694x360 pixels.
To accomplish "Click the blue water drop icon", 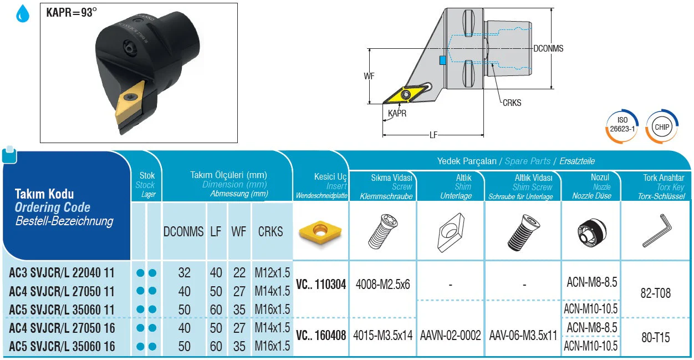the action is (x=23, y=14).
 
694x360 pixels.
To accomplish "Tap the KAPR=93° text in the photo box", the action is (x=72, y=12).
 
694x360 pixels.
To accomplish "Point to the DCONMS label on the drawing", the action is (x=548, y=48).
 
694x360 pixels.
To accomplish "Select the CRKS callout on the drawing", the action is (x=512, y=103).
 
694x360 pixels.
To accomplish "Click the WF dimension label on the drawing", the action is (x=369, y=76).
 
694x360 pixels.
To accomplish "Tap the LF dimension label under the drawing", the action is (x=433, y=135).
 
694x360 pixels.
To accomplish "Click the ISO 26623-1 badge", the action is (x=622, y=126).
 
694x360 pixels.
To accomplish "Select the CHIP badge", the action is (x=662, y=126).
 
